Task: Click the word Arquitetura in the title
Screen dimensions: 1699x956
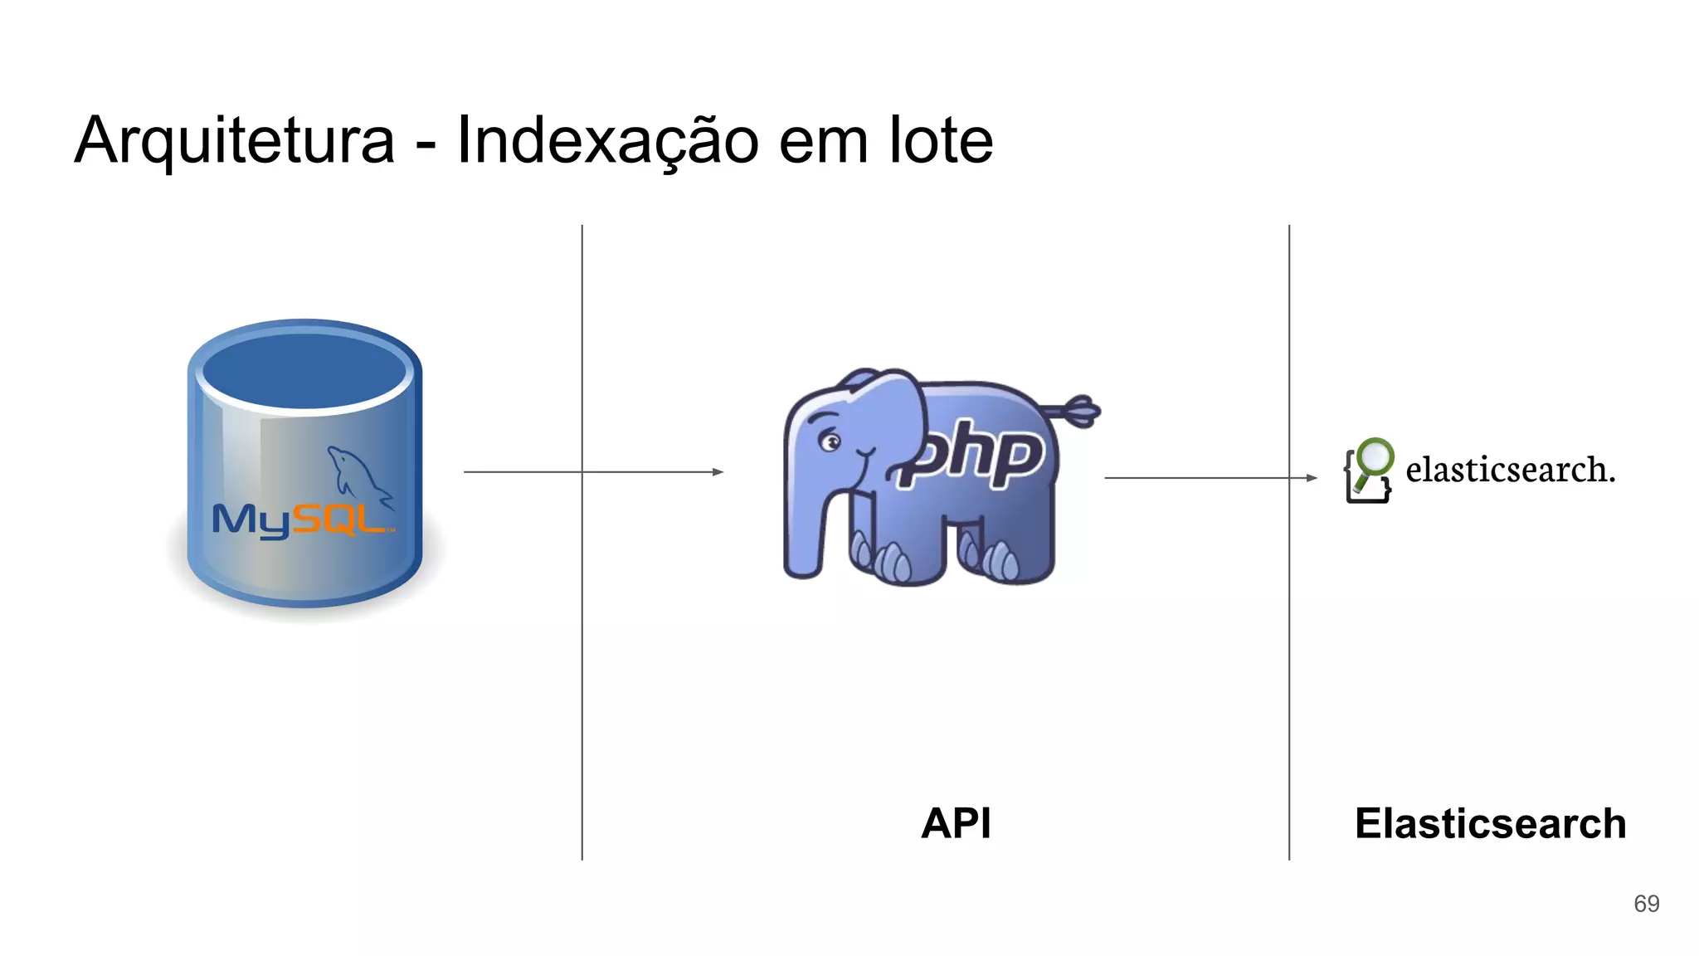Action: [x=235, y=141]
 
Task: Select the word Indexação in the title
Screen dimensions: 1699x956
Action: [x=607, y=141]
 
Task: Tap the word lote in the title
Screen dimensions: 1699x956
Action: [x=941, y=141]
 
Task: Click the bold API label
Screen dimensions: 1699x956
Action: [x=956, y=823]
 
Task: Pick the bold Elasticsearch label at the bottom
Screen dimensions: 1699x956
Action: [x=1490, y=823]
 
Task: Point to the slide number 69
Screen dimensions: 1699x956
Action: [x=1646, y=904]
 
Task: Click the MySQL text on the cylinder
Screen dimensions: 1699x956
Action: [x=299, y=520]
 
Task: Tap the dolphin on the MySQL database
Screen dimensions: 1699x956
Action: [x=357, y=473]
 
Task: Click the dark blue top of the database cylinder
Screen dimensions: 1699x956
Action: [x=304, y=370]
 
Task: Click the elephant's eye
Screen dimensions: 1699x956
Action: [x=830, y=441]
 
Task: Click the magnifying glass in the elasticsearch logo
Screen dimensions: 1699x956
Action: [x=1375, y=457]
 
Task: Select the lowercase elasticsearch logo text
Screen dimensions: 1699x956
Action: [x=1510, y=470]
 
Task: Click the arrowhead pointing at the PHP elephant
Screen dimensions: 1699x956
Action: [x=718, y=472]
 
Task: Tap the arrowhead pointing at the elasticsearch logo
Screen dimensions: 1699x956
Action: [x=1312, y=478]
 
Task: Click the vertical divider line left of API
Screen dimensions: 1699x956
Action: [x=582, y=664]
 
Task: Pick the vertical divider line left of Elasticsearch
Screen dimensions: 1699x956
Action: [x=1289, y=664]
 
